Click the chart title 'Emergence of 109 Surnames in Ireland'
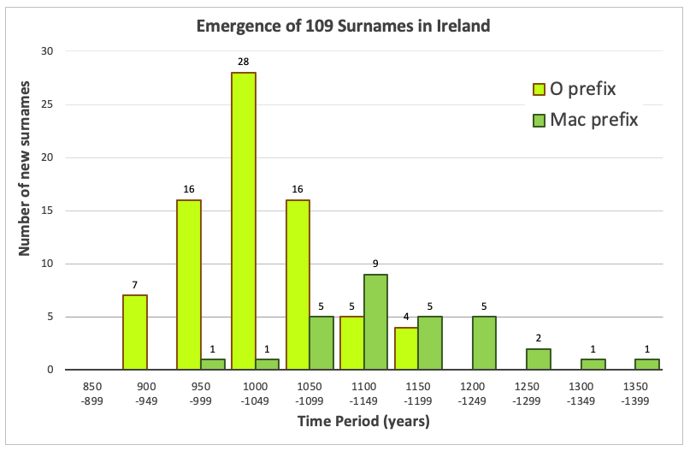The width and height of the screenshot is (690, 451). tap(344, 26)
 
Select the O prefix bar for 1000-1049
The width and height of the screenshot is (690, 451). tap(244, 221)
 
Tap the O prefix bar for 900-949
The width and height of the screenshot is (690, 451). tap(135, 332)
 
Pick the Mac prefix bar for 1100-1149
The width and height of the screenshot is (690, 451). tap(376, 322)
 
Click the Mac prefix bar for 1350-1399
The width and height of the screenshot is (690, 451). tap(647, 365)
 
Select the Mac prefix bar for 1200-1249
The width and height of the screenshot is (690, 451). tap(484, 343)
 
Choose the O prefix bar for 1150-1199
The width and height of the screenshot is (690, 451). tap(406, 348)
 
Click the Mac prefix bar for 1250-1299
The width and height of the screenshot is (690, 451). tap(539, 359)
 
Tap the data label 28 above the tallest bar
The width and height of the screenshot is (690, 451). tap(244, 62)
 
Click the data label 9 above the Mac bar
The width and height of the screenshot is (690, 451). tap(376, 264)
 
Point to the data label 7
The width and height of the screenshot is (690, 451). tap(135, 286)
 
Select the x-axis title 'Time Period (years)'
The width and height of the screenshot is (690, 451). tap(363, 421)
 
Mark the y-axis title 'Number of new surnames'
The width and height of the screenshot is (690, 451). tap(25, 168)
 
